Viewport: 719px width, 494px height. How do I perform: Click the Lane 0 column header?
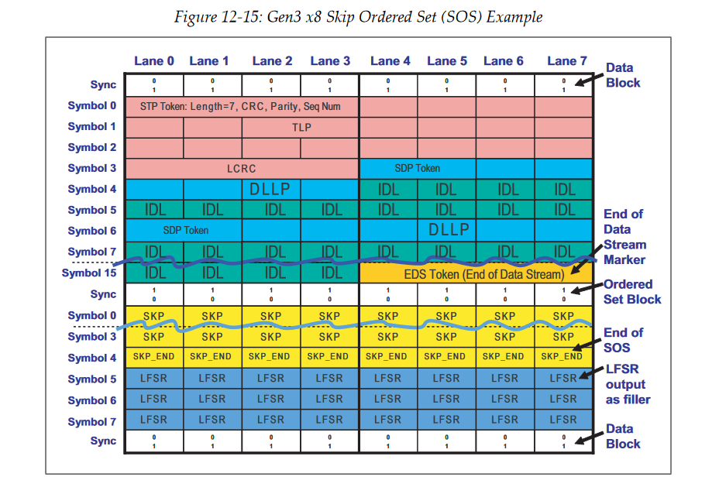(154, 60)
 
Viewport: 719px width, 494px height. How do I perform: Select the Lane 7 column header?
(562, 60)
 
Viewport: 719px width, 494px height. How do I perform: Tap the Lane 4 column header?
(388, 60)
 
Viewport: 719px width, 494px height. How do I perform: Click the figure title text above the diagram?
(359, 16)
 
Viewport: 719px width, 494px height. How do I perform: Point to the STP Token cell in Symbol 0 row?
(240, 105)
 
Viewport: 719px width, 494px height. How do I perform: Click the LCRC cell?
(241, 168)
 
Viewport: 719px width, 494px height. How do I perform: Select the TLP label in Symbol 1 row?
(301, 127)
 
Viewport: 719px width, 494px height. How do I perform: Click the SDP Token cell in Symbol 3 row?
(417, 168)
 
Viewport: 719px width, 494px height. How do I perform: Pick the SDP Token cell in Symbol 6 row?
(185, 230)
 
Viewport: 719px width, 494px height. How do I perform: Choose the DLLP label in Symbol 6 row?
(449, 230)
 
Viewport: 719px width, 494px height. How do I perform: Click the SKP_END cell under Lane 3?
(329, 357)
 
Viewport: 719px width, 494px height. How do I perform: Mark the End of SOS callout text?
(623, 340)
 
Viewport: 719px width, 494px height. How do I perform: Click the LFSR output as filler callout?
(628, 385)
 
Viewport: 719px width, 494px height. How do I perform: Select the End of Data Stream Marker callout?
(624, 236)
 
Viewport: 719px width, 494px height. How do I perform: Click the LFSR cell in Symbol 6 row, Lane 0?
(154, 400)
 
